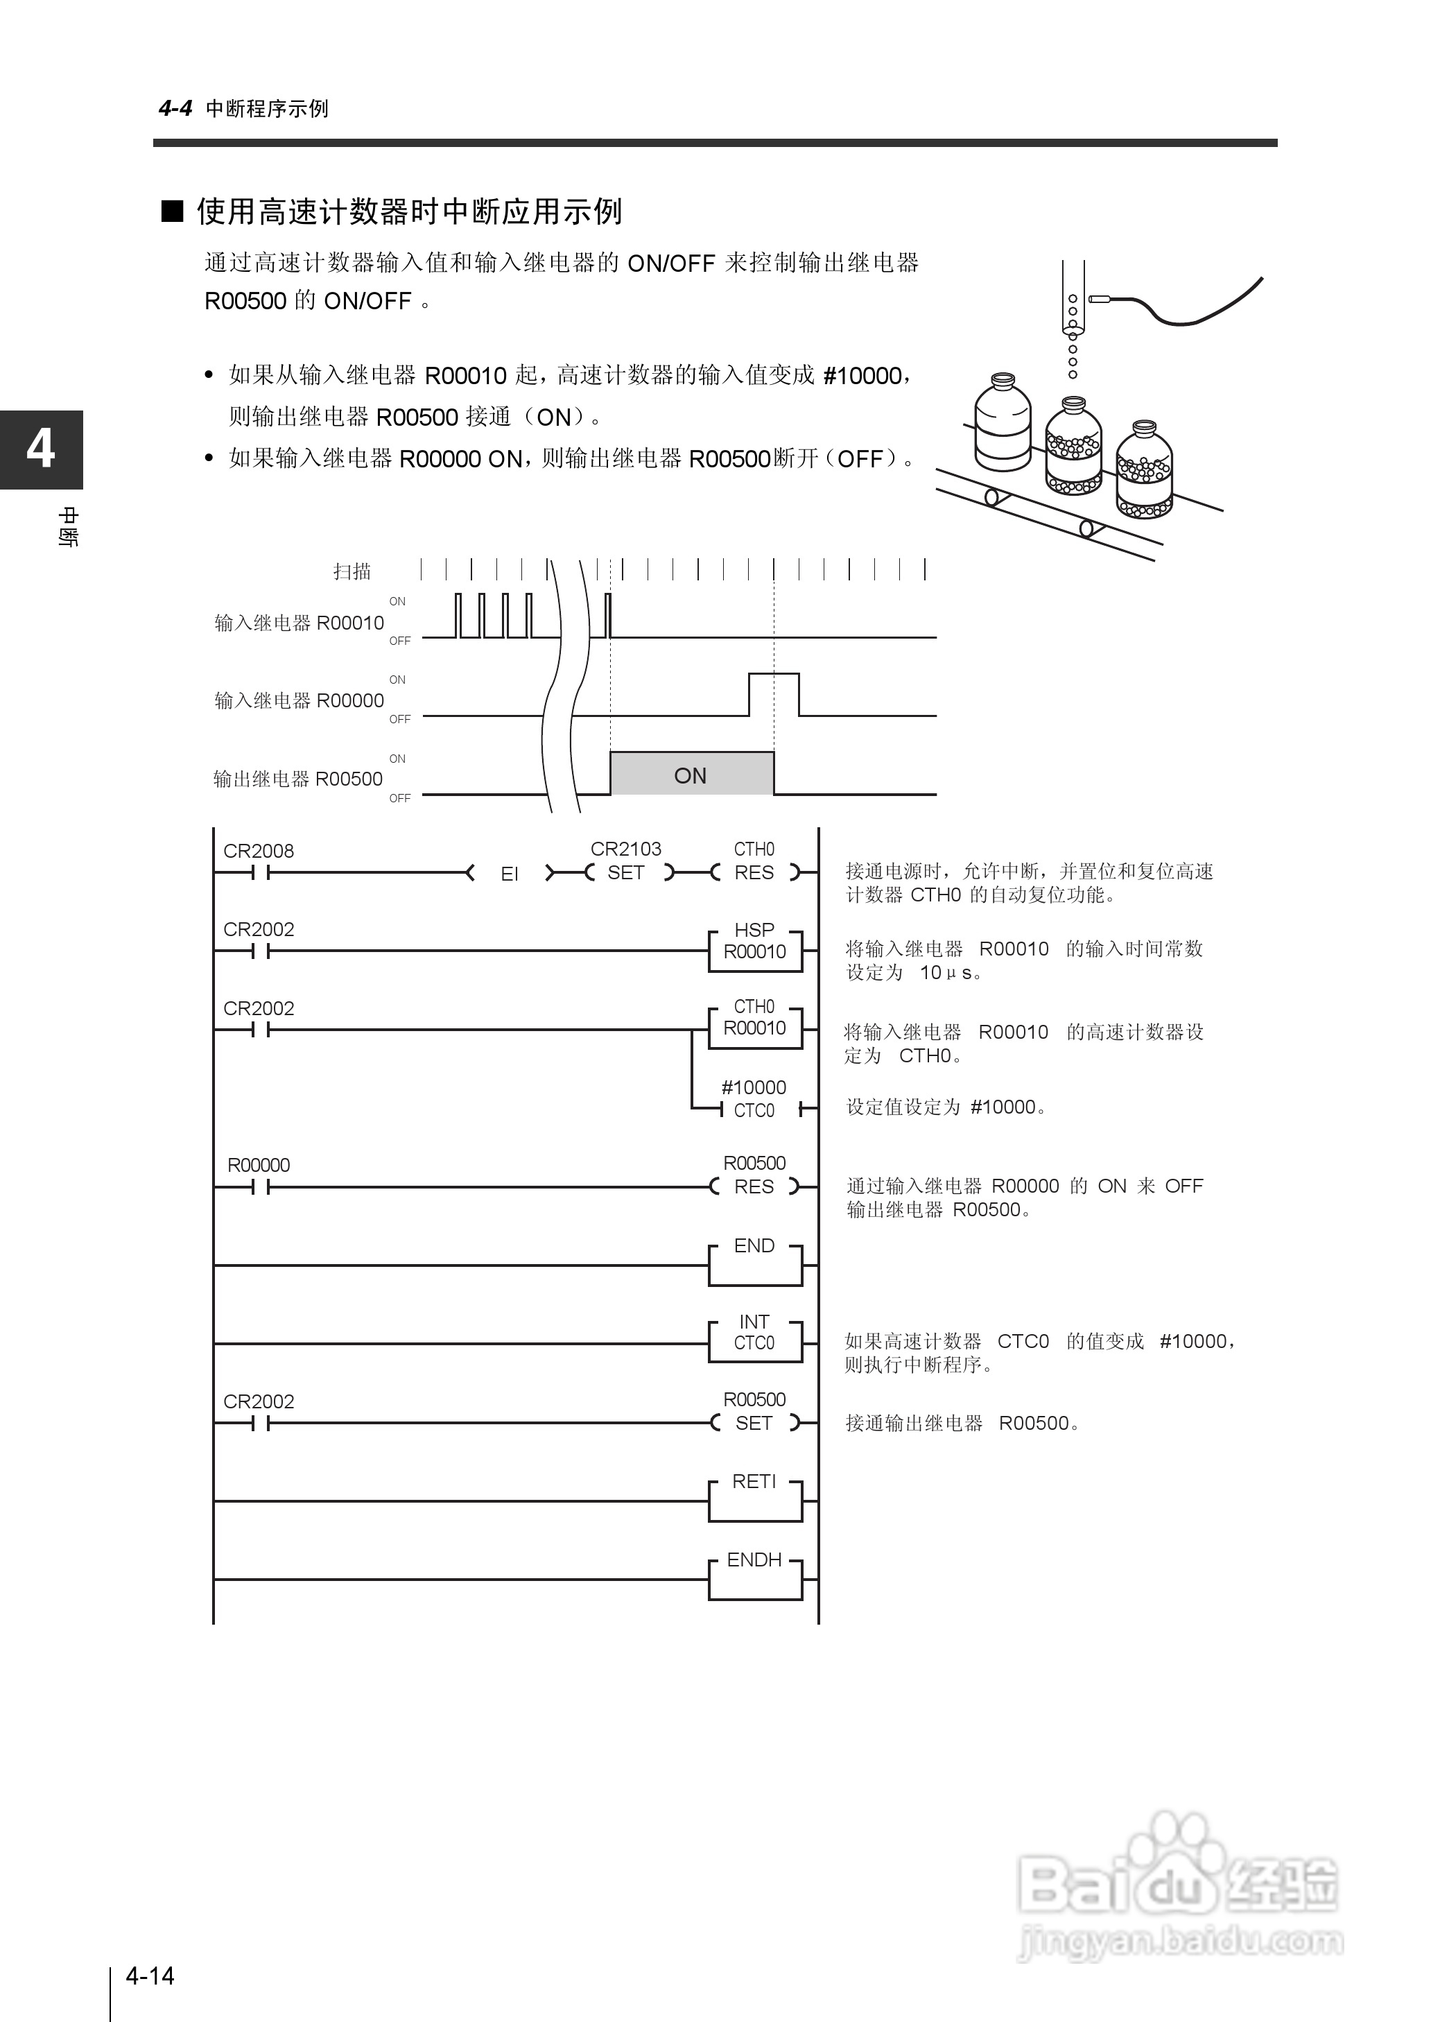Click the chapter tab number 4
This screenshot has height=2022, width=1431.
(40, 449)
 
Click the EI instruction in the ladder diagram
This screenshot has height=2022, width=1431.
(510, 874)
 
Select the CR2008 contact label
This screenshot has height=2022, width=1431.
(258, 851)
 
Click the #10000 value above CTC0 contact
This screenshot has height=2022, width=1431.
(754, 1087)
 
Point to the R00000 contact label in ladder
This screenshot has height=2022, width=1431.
(258, 1165)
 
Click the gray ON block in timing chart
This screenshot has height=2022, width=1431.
(691, 775)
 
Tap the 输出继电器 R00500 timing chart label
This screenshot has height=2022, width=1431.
(298, 779)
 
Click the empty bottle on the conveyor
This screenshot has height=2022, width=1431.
(1003, 424)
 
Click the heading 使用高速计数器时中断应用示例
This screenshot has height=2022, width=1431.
(409, 211)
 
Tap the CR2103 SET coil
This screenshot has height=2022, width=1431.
(625, 872)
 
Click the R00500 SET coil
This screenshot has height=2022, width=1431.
(754, 1422)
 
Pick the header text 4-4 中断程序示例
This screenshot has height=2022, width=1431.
(244, 108)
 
